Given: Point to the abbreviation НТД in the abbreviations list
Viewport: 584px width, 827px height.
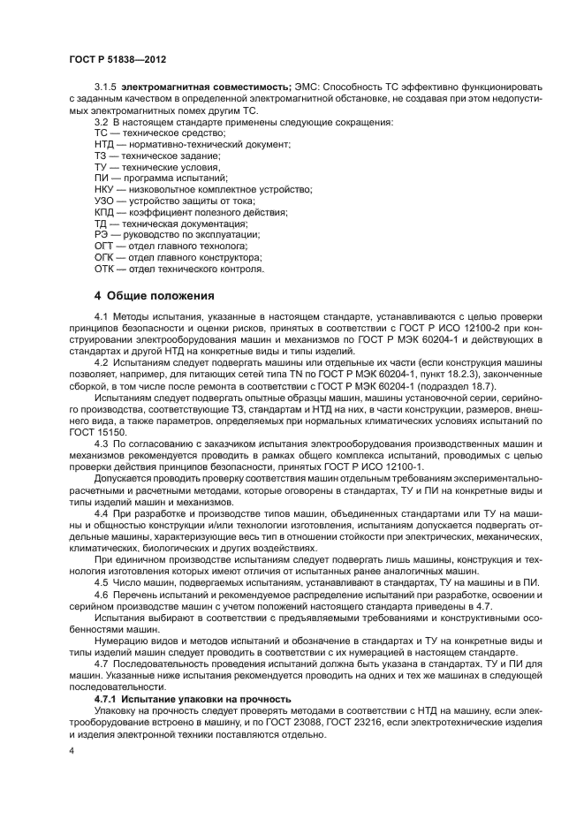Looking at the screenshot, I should pyautogui.click(x=104, y=143).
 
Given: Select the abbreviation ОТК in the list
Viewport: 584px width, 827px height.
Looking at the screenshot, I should pyautogui.click(x=104, y=269).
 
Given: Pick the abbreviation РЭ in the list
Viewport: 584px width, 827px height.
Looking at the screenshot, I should pyautogui.click(x=102, y=235).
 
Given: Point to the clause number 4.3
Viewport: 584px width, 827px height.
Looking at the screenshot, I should pyautogui.click(x=100, y=442).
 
